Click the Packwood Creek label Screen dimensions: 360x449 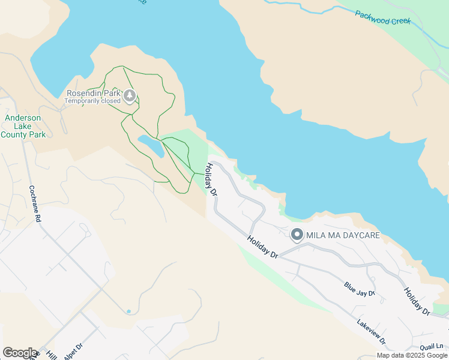click(382, 17)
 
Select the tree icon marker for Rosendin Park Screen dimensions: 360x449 click(130, 95)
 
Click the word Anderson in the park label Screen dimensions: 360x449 click(23, 118)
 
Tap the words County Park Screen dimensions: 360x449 click(23, 134)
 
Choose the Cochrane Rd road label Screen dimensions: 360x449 click(35, 204)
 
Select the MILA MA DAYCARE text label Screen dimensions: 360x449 click(343, 235)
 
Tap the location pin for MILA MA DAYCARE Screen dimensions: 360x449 click(297, 235)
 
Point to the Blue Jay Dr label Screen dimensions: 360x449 click(359, 289)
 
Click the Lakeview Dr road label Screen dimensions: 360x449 click(371, 331)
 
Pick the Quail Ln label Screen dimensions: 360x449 click(432, 346)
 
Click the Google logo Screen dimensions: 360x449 click(20, 352)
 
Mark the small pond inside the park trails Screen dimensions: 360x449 click(151, 146)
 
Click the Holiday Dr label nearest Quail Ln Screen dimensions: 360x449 click(416, 302)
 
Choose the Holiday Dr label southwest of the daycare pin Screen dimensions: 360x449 click(262, 247)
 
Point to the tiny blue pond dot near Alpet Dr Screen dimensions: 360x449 click(128, 311)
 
